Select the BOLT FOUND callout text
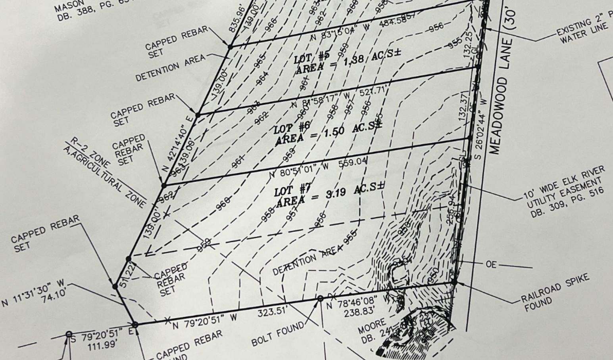[x=277, y=334]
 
